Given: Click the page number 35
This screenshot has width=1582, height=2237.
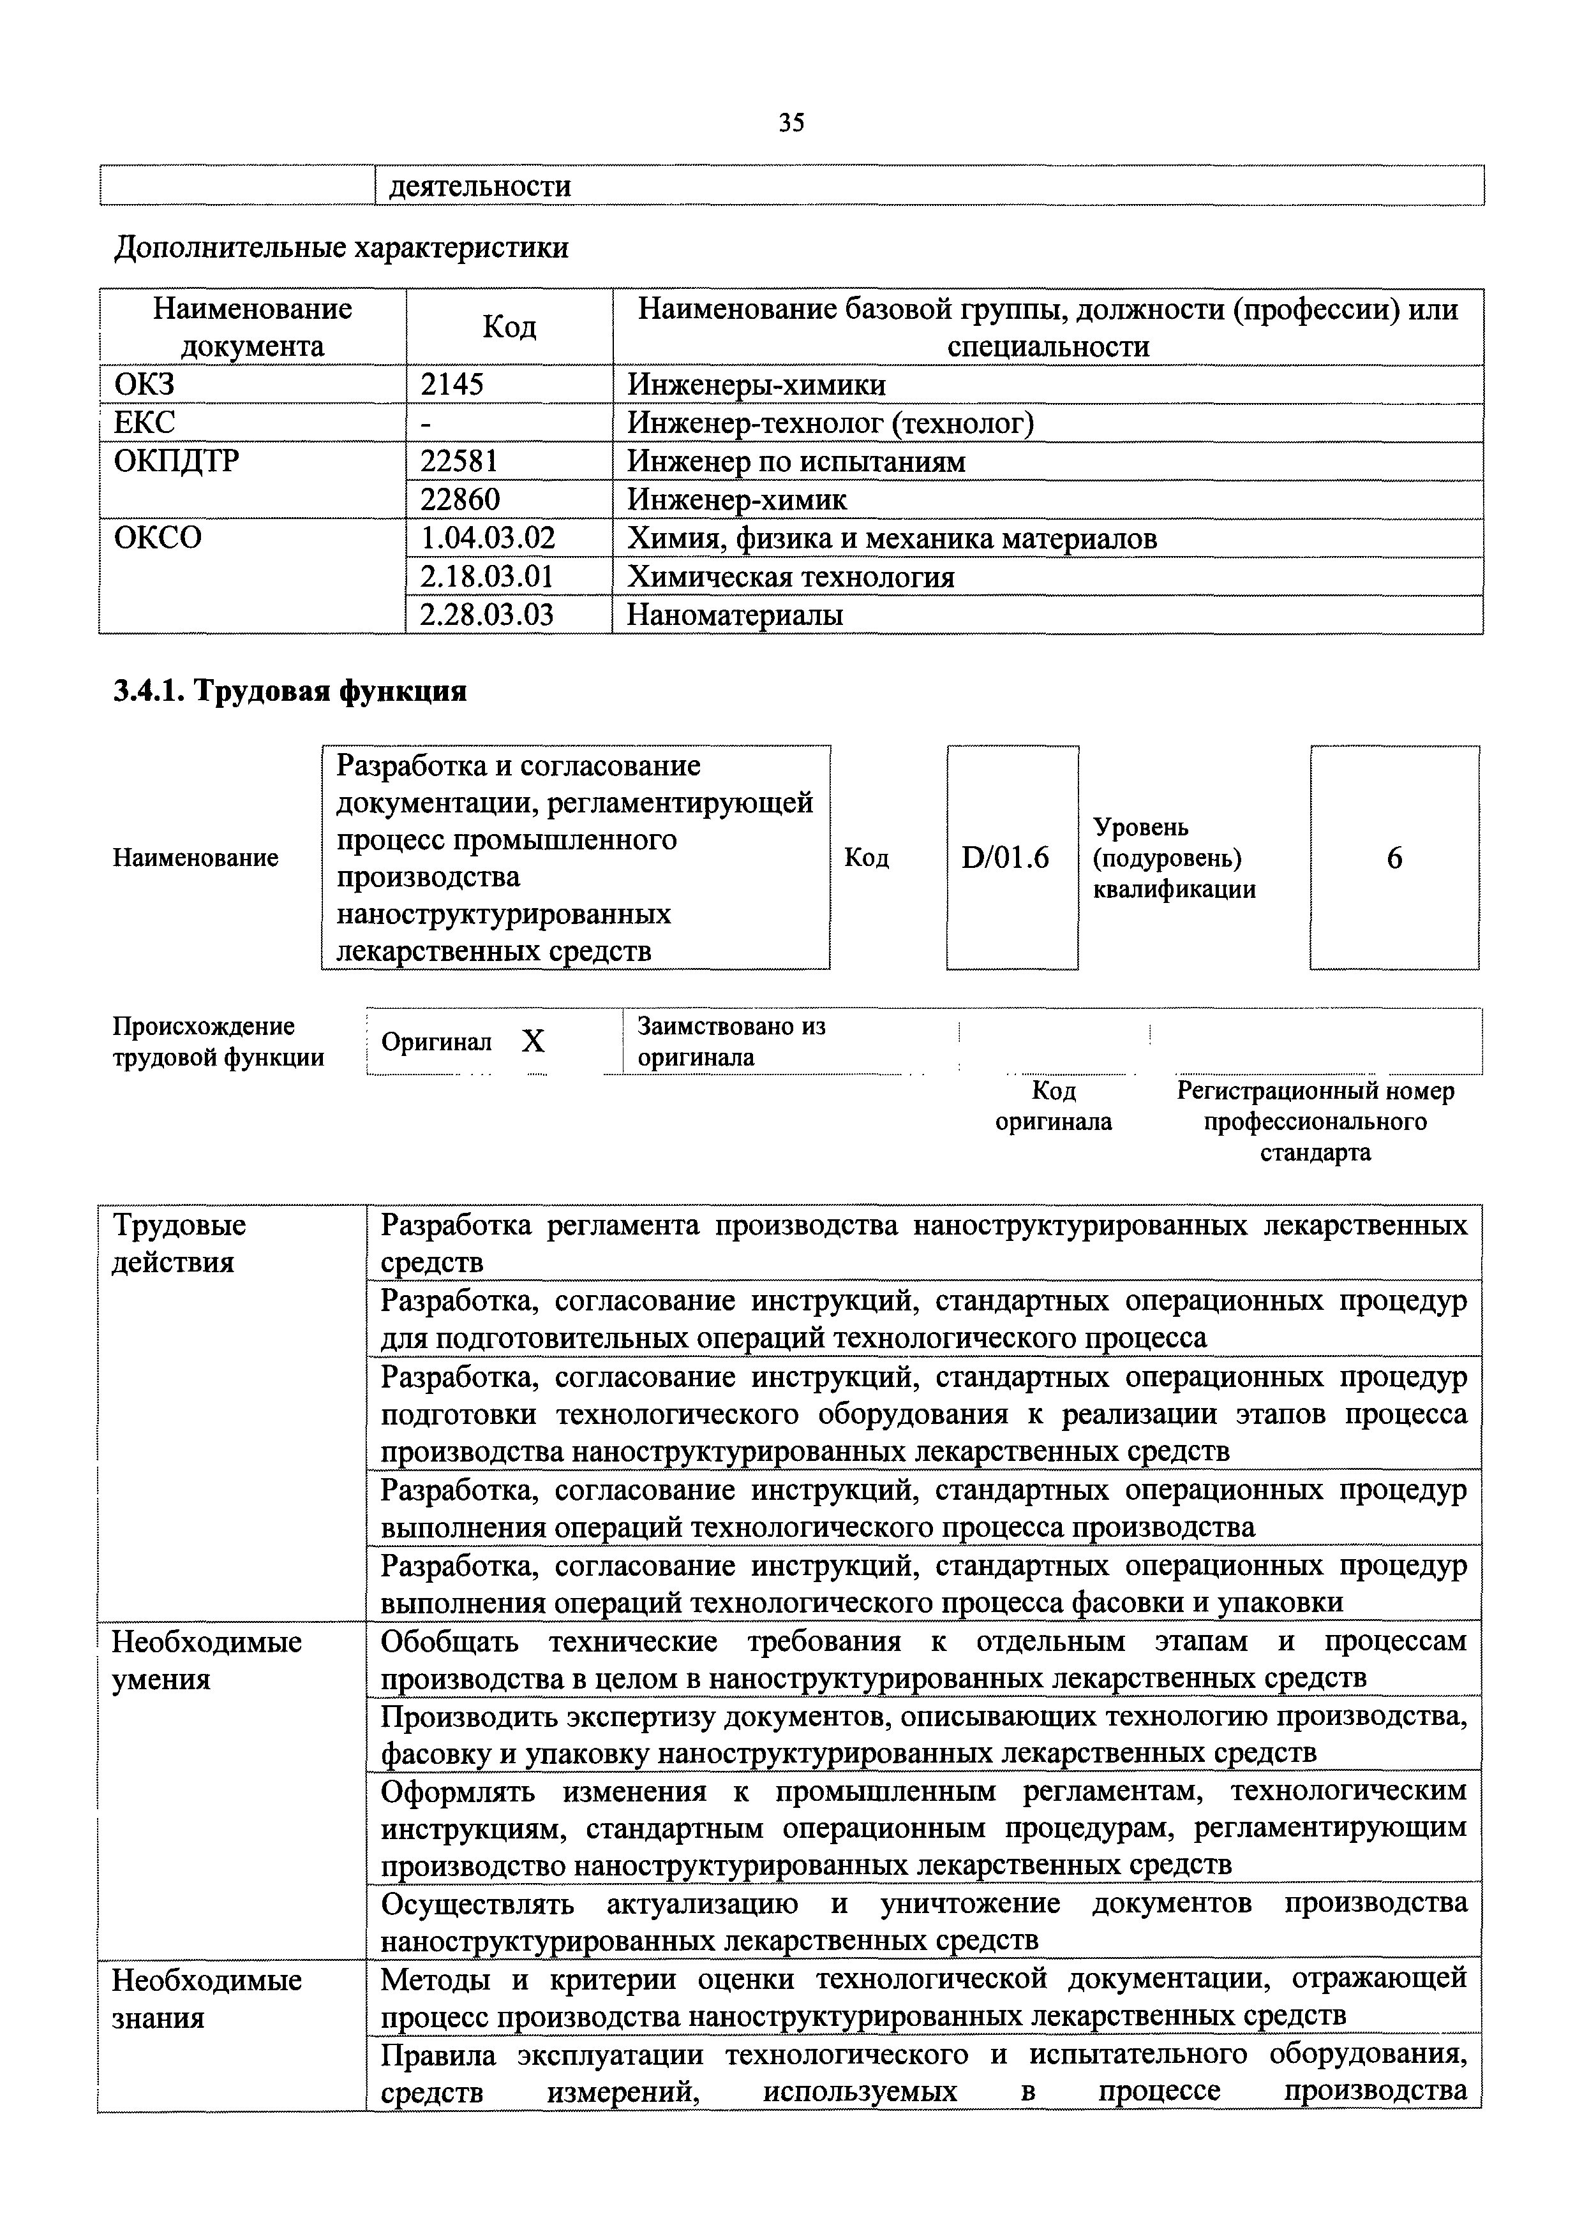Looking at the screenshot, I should [x=791, y=123].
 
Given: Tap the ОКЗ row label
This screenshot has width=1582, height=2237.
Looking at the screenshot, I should [x=144, y=385].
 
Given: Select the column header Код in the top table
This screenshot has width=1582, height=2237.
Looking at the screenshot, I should [x=509, y=327].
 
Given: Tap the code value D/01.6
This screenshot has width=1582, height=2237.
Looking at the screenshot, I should [x=1011, y=858].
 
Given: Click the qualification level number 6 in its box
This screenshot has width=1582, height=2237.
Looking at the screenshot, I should [x=1394, y=858].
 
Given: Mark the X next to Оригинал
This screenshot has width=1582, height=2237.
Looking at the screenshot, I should [x=532, y=1041].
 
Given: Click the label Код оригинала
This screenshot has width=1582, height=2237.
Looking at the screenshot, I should [x=1053, y=1106].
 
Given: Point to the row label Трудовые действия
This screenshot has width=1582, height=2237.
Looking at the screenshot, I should [x=179, y=1243].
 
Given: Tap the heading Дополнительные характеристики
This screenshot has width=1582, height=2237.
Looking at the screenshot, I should [x=341, y=249].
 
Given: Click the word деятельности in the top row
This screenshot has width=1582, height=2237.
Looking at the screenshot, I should [x=479, y=186].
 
